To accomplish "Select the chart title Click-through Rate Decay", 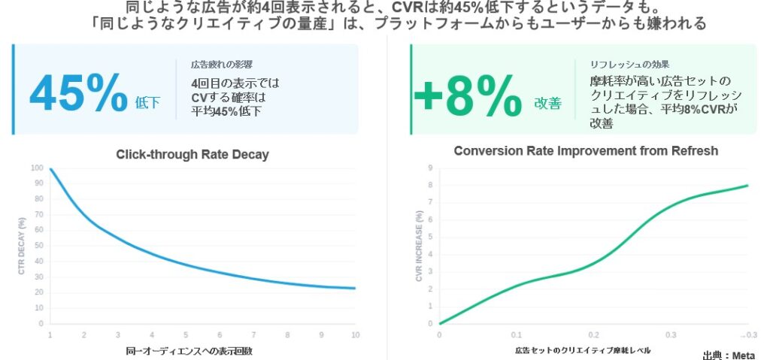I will pyautogui.click(x=192, y=155).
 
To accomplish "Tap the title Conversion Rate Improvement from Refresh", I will pyautogui.click(x=586, y=151).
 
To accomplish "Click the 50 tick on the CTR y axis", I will pyautogui.click(x=39, y=246).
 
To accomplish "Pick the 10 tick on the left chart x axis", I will pyautogui.click(x=356, y=334).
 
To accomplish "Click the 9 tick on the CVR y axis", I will pyautogui.click(x=430, y=168).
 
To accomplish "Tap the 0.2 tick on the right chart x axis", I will pyautogui.click(x=593, y=334).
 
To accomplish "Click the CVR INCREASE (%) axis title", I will pyautogui.click(x=419, y=247).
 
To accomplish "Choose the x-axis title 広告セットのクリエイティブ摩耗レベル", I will pyautogui.click(x=583, y=351).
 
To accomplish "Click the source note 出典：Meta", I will pyautogui.click(x=729, y=355).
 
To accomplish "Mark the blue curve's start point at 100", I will pyautogui.click(x=50, y=168).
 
